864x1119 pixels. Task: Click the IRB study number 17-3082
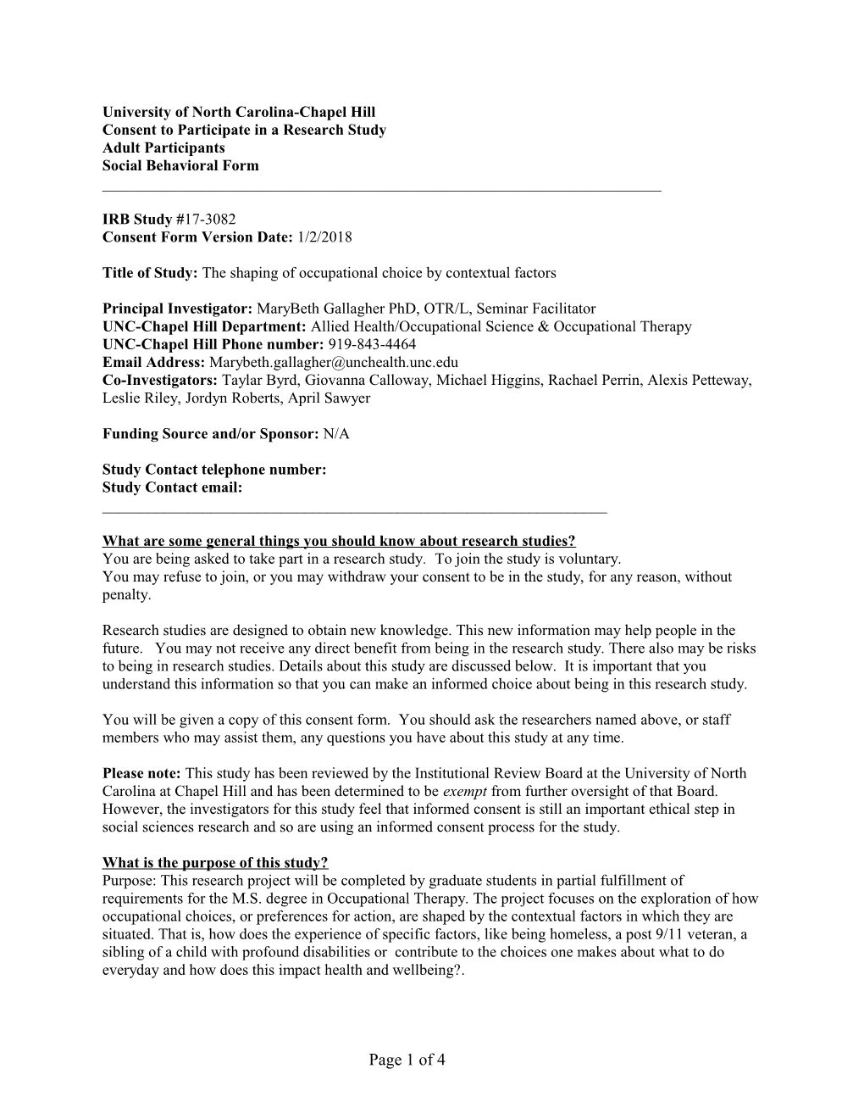(x=200, y=220)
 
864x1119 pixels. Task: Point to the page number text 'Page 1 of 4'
(x=407, y=1060)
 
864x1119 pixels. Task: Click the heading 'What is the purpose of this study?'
(x=215, y=863)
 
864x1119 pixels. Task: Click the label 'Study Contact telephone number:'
(x=214, y=470)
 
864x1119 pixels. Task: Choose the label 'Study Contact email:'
(x=172, y=487)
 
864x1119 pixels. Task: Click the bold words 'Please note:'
(x=141, y=773)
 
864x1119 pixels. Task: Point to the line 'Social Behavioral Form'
(x=180, y=165)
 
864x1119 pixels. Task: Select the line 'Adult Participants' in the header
(x=163, y=148)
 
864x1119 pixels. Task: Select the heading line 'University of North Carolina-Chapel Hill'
(x=239, y=112)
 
